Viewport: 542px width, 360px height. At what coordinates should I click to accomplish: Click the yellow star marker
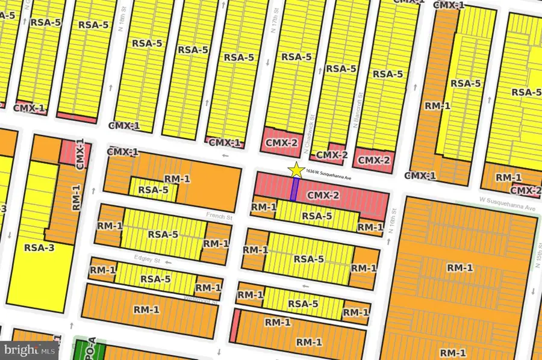click(x=296, y=170)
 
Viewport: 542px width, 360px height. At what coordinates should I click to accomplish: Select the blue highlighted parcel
click(x=294, y=188)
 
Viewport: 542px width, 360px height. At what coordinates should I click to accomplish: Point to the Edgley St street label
click(x=148, y=259)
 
